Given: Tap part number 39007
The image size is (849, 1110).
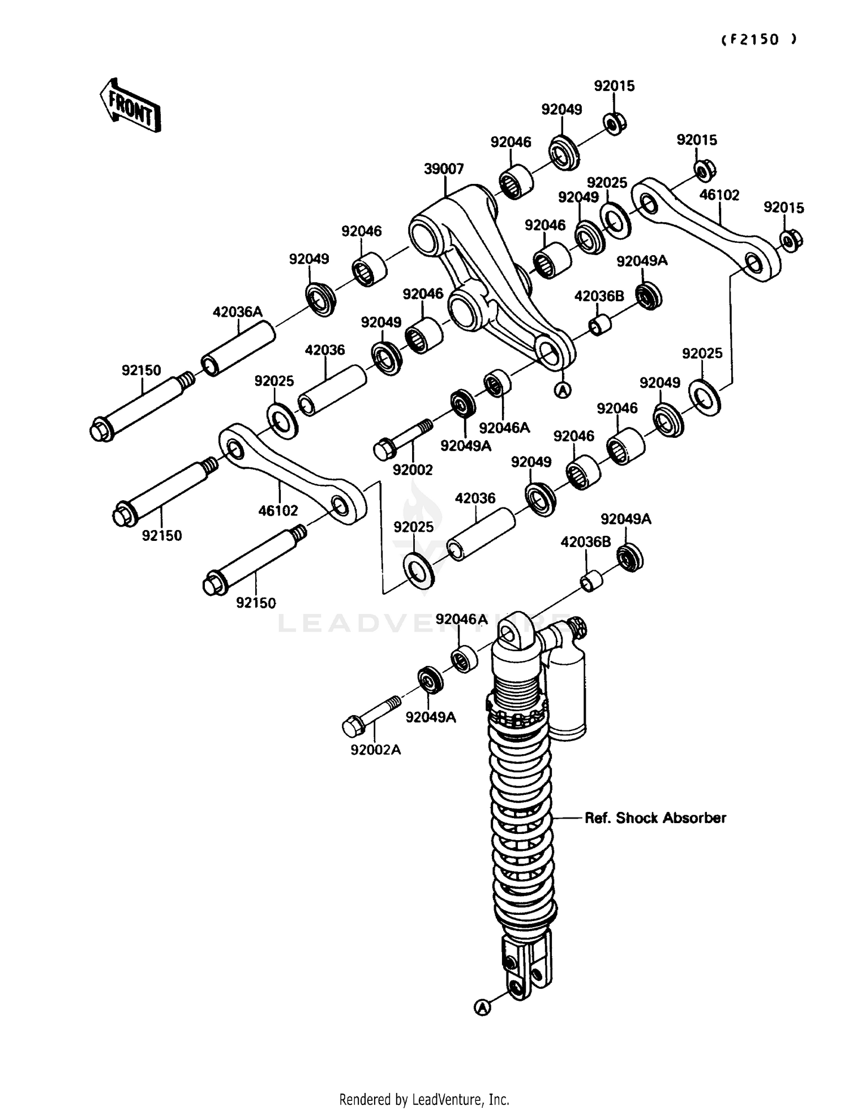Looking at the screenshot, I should point(444,169).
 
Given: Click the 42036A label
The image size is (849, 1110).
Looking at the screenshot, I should point(238,312).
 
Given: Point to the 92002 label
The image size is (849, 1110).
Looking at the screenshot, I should point(413,470).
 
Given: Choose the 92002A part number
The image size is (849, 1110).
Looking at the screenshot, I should point(375,750).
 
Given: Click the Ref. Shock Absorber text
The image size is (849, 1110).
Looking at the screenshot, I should point(655,818).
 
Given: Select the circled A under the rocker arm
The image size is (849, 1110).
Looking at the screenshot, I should point(563,390).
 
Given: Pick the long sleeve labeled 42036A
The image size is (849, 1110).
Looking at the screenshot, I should point(238,349).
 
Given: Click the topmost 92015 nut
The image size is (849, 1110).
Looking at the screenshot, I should point(615,123).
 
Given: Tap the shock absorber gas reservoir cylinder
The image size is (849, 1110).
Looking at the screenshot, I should point(566,699).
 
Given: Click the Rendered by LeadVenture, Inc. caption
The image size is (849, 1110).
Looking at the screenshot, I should point(424,1099).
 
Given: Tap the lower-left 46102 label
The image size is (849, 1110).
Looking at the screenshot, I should point(278,510).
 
